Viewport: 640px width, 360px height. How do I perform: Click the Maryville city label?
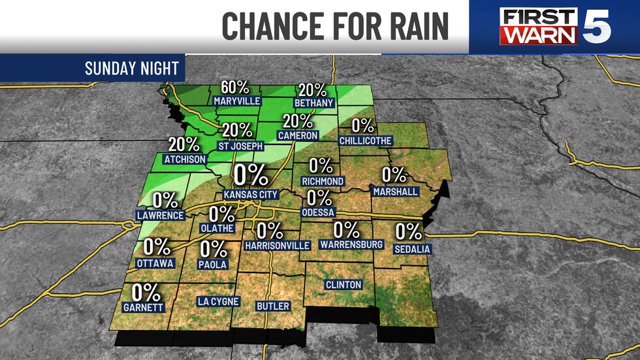pyautogui.click(x=237, y=101)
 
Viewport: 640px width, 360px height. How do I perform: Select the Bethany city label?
pyautogui.click(x=313, y=103)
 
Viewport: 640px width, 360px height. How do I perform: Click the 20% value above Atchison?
pyautogui.click(x=184, y=145)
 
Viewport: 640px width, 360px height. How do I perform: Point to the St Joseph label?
pyautogui.click(x=240, y=146)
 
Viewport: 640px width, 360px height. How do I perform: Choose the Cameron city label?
pyautogui.click(x=297, y=135)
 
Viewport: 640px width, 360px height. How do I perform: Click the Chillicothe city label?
pyautogui.click(x=366, y=140)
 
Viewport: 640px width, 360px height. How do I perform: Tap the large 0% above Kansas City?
pyautogui.click(x=251, y=176)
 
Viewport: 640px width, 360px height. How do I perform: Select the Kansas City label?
pyautogui.click(x=251, y=194)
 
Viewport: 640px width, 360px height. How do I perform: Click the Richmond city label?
pyautogui.click(x=323, y=180)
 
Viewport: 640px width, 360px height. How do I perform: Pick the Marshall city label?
pyautogui.click(x=395, y=191)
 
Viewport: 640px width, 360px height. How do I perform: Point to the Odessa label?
pyautogui.click(x=319, y=212)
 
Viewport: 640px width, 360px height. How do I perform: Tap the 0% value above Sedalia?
pyautogui.click(x=409, y=232)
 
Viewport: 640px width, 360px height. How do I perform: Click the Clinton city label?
pyautogui.click(x=343, y=285)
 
